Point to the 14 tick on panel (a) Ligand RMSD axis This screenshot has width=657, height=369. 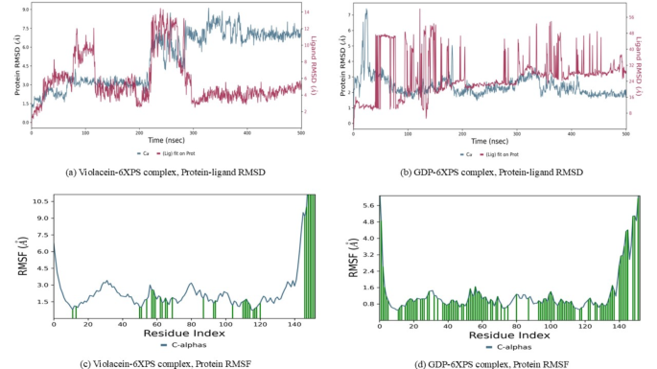(304, 12)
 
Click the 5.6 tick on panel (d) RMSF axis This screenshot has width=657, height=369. (367, 206)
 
